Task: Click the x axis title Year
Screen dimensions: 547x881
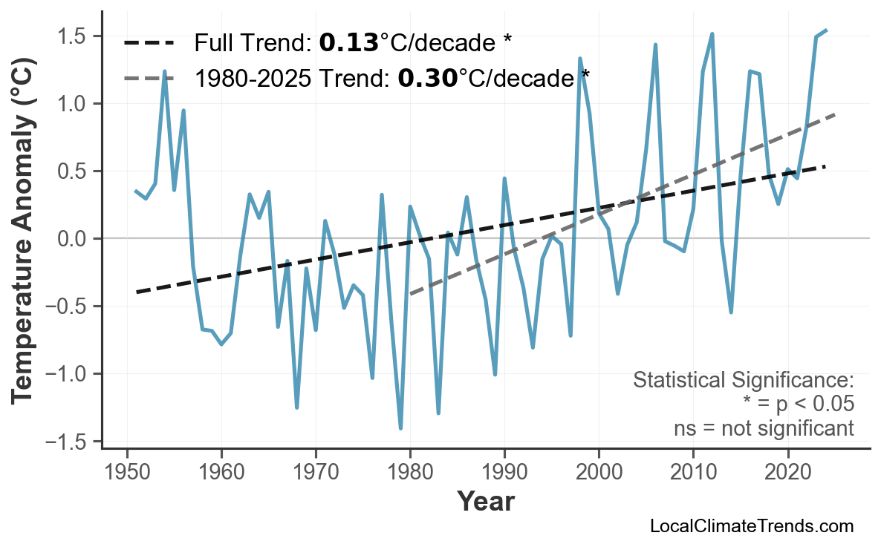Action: pyautogui.click(x=485, y=502)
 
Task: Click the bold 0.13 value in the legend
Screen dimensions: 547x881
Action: pyautogui.click(x=348, y=43)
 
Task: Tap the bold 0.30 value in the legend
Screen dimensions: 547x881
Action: pyautogui.click(x=427, y=77)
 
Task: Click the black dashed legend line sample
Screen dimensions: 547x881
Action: pyautogui.click(x=149, y=43)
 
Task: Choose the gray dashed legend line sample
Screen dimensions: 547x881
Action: pyautogui.click(x=149, y=77)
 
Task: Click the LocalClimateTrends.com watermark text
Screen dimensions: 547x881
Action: pyautogui.click(x=751, y=526)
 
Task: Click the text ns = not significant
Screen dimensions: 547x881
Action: pyautogui.click(x=763, y=428)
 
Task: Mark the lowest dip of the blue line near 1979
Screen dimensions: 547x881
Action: pyautogui.click(x=400, y=428)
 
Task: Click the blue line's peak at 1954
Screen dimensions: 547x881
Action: pyautogui.click(x=165, y=71)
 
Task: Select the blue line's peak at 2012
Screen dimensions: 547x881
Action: pyautogui.click(x=712, y=34)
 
